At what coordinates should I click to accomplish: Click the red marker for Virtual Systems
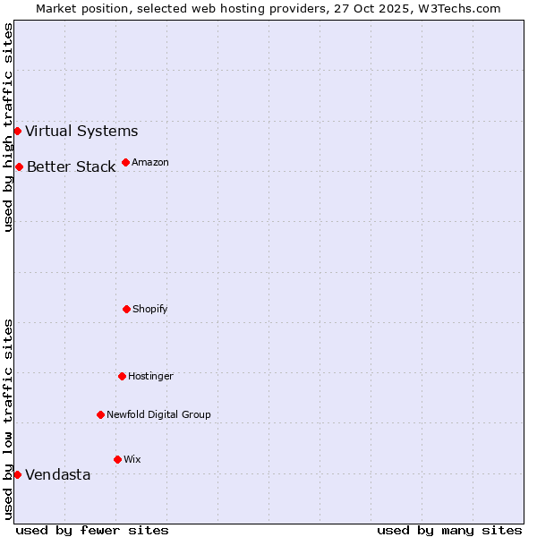pyautogui.click(x=17, y=132)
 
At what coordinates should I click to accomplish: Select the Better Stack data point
pyautogui.click(x=19, y=167)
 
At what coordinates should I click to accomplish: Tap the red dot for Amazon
pyautogui.click(x=125, y=162)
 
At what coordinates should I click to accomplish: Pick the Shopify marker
pyautogui.click(x=126, y=309)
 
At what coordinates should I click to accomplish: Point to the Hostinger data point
pyautogui.click(x=122, y=376)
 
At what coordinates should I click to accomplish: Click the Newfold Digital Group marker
pyautogui.click(x=100, y=414)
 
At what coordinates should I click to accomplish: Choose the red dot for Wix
pyautogui.click(x=117, y=459)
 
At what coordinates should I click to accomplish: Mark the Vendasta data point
pyautogui.click(x=17, y=474)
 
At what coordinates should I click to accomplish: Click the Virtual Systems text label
pyautogui.click(x=81, y=132)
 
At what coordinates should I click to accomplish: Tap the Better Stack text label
pyautogui.click(x=71, y=167)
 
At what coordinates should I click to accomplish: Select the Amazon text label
pyautogui.click(x=150, y=162)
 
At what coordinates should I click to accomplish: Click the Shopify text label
pyautogui.click(x=150, y=309)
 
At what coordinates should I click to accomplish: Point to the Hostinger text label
pyautogui.click(x=150, y=376)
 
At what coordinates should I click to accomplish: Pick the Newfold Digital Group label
pyautogui.click(x=158, y=414)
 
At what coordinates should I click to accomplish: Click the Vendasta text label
pyautogui.click(x=57, y=475)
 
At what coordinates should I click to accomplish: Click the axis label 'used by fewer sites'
pyautogui.click(x=92, y=530)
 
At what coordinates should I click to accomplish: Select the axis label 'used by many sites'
pyautogui.click(x=449, y=530)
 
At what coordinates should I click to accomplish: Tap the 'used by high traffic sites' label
pyautogui.click(x=8, y=127)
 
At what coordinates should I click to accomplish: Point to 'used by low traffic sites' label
pyautogui.click(x=8, y=419)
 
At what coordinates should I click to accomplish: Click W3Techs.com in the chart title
pyautogui.click(x=459, y=8)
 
